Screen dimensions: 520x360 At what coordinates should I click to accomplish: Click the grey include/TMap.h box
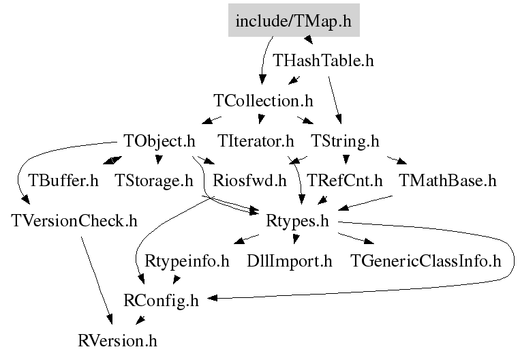click(x=294, y=20)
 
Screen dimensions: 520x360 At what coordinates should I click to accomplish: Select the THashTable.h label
click(x=323, y=61)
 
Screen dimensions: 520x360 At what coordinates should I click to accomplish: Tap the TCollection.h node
click(x=263, y=100)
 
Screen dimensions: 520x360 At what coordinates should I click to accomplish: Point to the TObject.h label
click(x=159, y=141)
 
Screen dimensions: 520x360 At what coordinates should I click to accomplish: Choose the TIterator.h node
click(x=256, y=141)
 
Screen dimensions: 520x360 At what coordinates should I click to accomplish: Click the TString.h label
click(x=345, y=141)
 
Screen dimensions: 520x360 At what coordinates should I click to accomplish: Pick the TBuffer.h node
click(x=63, y=181)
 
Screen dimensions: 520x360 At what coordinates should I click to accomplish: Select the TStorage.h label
click(x=154, y=181)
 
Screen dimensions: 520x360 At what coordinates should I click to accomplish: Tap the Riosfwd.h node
click(x=249, y=181)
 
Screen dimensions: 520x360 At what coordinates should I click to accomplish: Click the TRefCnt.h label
click(x=345, y=181)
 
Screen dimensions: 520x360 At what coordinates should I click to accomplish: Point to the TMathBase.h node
click(x=448, y=181)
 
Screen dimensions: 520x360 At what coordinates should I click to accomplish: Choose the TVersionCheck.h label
click(x=74, y=221)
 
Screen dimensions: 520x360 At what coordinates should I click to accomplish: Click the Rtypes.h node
click(x=297, y=221)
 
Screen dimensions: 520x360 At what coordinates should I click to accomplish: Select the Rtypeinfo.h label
click(x=187, y=261)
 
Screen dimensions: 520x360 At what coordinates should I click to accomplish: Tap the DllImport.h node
click(x=290, y=261)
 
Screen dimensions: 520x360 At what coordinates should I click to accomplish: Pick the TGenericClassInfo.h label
click(x=426, y=261)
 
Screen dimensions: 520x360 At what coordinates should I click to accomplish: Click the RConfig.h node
click(x=161, y=301)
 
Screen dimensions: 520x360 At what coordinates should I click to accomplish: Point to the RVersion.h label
click(x=117, y=341)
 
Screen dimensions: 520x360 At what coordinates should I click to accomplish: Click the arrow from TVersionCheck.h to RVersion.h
click(x=97, y=280)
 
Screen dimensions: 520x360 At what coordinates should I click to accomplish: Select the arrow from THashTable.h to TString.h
click(x=335, y=100)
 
